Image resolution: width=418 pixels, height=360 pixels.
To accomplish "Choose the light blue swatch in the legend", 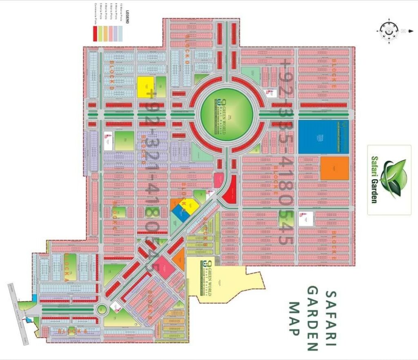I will (x=120, y=34).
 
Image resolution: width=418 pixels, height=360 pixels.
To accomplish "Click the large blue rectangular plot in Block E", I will (x=323, y=137).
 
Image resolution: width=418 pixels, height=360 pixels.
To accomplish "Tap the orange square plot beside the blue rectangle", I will (x=334, y=168).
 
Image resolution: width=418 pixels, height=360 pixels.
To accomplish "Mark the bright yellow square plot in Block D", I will (x=145, y=87).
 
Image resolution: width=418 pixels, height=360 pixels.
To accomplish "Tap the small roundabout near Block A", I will (x=102, y=310).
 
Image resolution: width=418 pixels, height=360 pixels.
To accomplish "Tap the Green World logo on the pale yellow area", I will (x=209, y=278).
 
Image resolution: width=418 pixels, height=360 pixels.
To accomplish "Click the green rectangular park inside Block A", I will (x=70, y=267).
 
